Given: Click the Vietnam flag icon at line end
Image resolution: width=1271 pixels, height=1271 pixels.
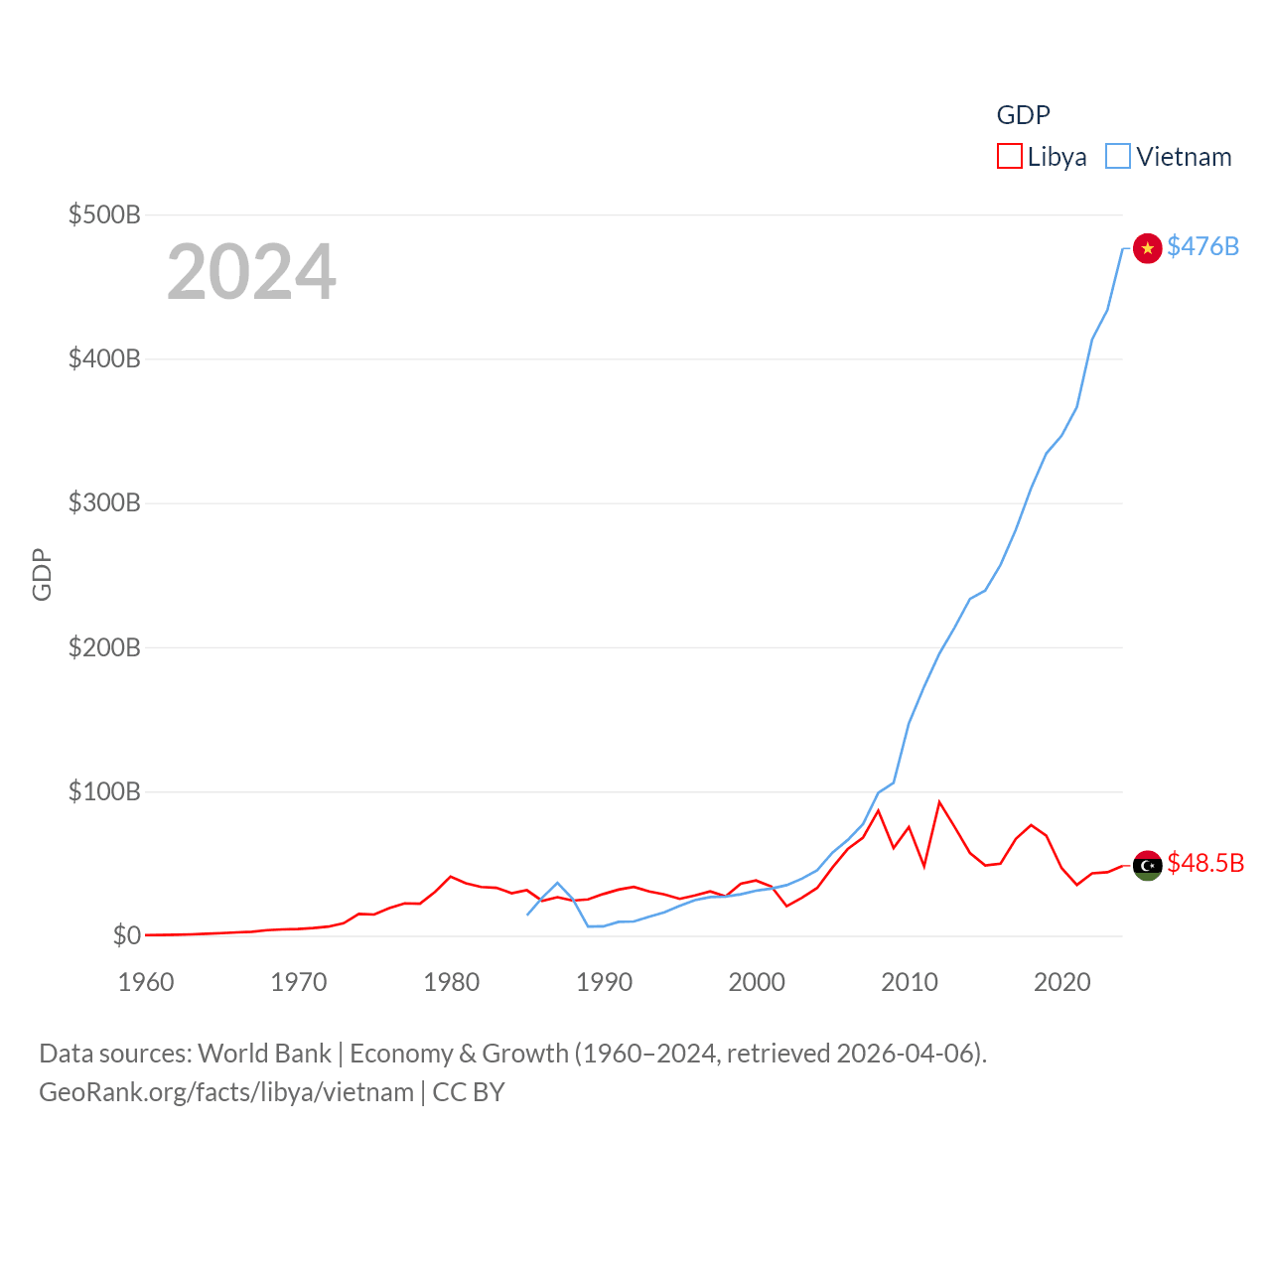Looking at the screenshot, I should click(1147, 248).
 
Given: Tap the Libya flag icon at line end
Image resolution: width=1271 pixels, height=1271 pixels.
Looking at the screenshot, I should click(1147, 865).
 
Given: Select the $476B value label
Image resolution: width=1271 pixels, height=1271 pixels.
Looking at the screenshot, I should click(1202, 246).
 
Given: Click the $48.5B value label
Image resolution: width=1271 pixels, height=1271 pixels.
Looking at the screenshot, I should click(1205, 863).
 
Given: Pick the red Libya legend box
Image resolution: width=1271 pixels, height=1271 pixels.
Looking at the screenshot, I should click(1009, 157).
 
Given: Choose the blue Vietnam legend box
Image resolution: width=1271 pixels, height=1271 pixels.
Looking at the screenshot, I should click(1118, 157).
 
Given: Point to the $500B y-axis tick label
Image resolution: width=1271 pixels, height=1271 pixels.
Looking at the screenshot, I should click(104, 214).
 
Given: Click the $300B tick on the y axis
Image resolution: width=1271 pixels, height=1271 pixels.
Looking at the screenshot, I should click(104, 502).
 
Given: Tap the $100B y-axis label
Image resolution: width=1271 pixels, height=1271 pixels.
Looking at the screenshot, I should click(104, 791).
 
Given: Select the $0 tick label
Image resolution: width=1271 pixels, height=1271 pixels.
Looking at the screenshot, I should click(126, 935).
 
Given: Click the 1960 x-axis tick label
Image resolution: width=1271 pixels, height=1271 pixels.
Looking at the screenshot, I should click(146, 982).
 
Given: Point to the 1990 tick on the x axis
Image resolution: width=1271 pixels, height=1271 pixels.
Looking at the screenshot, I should click(604, 982).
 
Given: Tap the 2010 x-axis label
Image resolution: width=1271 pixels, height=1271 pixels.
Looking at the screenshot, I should click(910, 982).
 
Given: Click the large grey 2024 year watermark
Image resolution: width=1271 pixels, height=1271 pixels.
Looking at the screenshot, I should click(251, 272).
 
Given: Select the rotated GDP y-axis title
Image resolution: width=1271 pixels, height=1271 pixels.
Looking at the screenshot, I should click(42, 574).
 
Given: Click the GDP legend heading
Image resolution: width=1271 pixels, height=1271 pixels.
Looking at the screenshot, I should click(1023, 115).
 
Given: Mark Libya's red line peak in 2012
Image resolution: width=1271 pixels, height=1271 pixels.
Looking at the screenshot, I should click(939, 802).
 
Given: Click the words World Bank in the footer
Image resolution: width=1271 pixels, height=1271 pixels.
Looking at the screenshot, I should click(264, 1053).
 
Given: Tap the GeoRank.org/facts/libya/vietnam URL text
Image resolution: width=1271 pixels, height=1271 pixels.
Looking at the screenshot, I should click(226, 1092).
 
